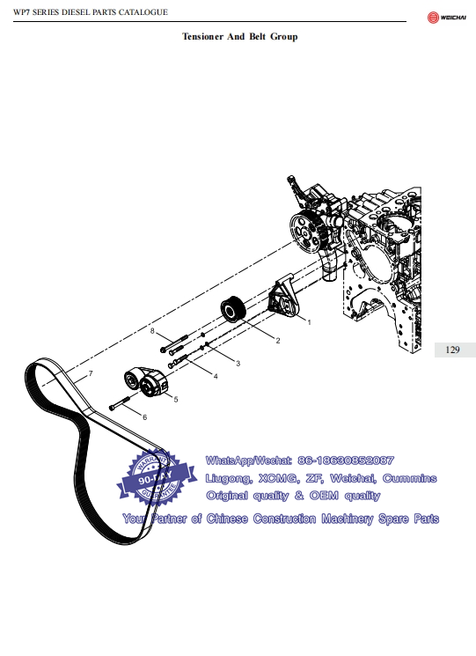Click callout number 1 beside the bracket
[x=309, y=322]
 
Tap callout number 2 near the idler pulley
[x=278, y=341]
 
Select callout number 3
[x=238, y=363]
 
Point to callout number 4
[x=216, y=376]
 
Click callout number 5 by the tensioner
[x=176, y=400]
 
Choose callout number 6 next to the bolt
[x=144, y=417]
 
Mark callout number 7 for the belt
[x=91, y=373]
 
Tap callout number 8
[x=152, y=331]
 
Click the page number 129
[x=452, y=350]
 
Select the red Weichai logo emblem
[x=433, y=18]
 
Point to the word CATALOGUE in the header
[x=143, y=12]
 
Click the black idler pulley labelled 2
[x=232, y=309]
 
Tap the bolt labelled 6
[x=120, y=403]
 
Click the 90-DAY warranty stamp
[x=157, y=477]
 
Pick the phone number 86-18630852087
[x=346, y=461]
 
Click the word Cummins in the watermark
[x=409, y=478]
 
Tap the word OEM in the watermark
[x=324, y=496]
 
